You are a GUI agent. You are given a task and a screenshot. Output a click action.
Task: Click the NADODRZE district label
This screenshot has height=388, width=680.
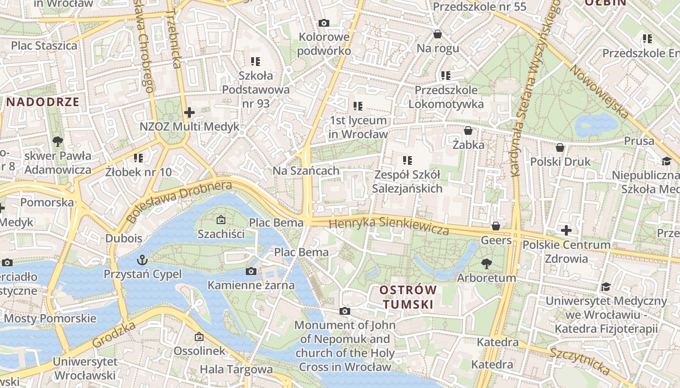click(x=43, y=102)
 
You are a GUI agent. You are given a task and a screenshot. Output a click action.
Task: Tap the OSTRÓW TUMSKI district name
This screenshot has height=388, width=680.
click(x=408, y=297)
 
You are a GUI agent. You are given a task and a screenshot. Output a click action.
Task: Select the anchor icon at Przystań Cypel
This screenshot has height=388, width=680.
click(x=142, y=260)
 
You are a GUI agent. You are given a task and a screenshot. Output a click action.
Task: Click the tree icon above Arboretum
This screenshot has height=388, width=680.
click(x=486, y=264)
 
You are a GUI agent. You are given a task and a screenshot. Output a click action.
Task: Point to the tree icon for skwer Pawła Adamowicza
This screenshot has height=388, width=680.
click(x=58, y=142)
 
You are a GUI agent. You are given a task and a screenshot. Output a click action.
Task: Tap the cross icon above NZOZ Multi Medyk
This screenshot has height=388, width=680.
click(x=189, y=113)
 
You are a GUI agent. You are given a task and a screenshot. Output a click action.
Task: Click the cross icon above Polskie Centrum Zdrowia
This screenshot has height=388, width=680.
click(x=566, y=230)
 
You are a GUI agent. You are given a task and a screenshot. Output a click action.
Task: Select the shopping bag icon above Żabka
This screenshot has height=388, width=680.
click(x=468, y=130)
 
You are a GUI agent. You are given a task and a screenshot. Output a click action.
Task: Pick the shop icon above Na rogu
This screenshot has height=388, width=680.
click(x=438, y=34)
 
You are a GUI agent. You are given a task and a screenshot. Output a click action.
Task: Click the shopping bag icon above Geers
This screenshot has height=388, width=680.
click(x=496, y=226)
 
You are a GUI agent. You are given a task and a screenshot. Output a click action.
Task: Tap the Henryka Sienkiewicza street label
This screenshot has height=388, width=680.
click(x=389, y=226)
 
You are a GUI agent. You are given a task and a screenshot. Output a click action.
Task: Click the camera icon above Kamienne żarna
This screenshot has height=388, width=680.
click(x=251, y=271)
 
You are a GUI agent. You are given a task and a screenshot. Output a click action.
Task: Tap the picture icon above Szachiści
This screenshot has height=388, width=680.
click(x=221, y=220)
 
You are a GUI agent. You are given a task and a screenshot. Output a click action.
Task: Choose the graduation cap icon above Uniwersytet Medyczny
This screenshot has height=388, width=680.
click(x=605, y=287)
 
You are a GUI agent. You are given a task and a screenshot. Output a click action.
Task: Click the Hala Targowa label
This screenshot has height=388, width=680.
click(x=236, y=370)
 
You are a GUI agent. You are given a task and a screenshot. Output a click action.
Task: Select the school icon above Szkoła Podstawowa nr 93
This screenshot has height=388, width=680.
click(x=255, y=61)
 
